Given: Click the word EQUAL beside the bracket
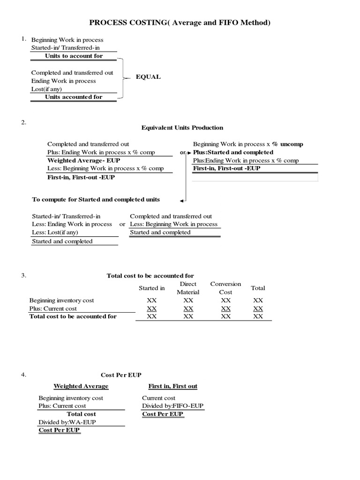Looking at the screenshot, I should pyautogui.click(x=148, y=77).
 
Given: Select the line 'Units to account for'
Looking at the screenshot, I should pyautogui.click(x=74, y=56).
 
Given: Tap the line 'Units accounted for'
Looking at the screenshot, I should pyautogui.click(x=74, y=97).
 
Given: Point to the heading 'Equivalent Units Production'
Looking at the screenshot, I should pyautogui.click(x=182, y=127).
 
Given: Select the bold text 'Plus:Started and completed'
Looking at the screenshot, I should pyautogui.click(x=233, y=152).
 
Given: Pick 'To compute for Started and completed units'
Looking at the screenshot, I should pyautogui.click(x=96, y=199).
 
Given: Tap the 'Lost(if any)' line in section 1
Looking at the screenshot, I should pyautogui.click(x=46, y=89).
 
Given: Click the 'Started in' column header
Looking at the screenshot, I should pyautogui.click(x=151, y=288).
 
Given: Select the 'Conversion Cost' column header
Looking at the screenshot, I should pyautogui.click(x=225, y=288).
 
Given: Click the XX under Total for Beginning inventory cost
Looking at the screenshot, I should pyautogui.click(x=258, y=300).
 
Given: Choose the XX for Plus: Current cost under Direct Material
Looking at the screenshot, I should pyautogui.click(x=188, y=308).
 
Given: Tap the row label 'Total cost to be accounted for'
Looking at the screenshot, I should pyautogui.click(x=73, y=316).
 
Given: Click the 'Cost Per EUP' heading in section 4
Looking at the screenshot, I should pyautogui.click(x=121, y=375).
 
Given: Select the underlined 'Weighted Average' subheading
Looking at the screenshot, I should pyautogui.click(x=81, y=386).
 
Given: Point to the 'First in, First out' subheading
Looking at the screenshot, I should pyautogui.click(x=173, y=386).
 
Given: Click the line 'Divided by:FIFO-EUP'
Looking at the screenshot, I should pyautogui.click(x=173, y=406).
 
